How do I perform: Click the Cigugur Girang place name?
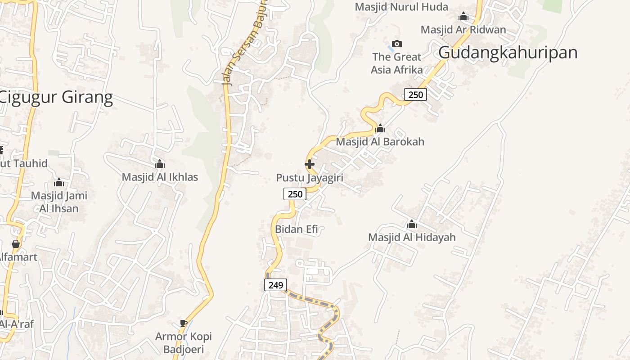(x=56, y=97)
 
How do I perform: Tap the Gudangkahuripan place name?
(x=508, y=53)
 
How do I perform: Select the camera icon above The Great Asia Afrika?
(x=396, y=44)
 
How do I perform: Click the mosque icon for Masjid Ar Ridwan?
(x=463, y=17)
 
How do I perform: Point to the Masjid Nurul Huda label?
(x=401, y=7)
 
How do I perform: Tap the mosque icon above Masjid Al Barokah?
(x=380, y=129)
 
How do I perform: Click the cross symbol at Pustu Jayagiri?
(x=310, y=164)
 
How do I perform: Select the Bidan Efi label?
(x=297, y=229)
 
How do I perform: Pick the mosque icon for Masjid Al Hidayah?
(x=412, y=224)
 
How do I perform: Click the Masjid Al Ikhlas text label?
(x=160, y=177)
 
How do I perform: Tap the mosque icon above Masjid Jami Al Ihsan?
(x=59, y=182)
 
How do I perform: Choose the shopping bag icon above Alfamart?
(x=16, y=244)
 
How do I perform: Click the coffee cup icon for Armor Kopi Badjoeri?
(x=183, y=323)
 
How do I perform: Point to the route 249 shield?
(x=275, y=285)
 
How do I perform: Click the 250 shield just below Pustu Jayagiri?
(x=295, y=194)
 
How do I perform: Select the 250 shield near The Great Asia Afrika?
(x=415, y=94)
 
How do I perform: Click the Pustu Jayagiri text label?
(x=310, y=178)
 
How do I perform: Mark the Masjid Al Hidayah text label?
(x=412, y=237)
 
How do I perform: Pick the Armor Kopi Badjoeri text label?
(x=183, y=343)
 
